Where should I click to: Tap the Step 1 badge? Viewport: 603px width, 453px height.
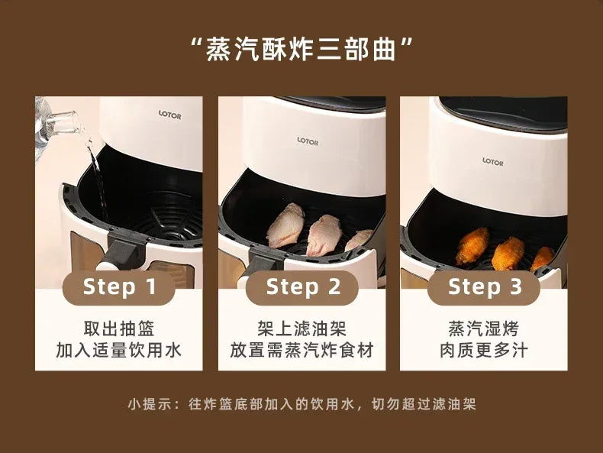(119, 287)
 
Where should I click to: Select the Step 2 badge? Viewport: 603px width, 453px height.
(302, 287)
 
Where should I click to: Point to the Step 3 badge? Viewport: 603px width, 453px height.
(484, 287)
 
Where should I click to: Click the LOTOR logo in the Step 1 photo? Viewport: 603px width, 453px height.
(169, 115)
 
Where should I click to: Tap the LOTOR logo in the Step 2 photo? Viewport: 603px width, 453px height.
(308, 141)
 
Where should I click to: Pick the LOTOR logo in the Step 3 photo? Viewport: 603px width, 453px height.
(493, 162)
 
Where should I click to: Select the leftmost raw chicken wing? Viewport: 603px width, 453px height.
(285, 225)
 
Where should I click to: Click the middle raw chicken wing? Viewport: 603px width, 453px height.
(324, 235)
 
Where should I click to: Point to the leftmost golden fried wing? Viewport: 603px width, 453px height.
(472, 246)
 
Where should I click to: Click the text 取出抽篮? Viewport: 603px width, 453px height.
(119, 328)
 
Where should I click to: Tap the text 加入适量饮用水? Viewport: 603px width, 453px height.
(119, 350)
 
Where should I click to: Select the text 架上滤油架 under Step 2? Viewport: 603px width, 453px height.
(302, 328)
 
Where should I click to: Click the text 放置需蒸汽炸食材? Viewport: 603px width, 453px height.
(302, 350)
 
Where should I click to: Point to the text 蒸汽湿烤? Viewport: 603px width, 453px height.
(484, 328)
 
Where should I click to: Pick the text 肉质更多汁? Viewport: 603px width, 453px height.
(484, 350)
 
